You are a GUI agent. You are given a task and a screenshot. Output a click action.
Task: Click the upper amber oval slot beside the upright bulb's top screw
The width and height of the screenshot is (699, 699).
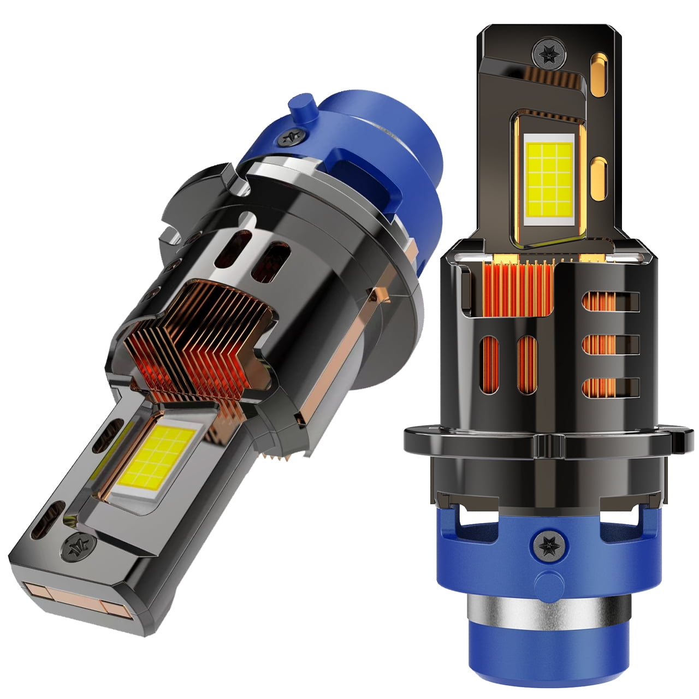(600, 68)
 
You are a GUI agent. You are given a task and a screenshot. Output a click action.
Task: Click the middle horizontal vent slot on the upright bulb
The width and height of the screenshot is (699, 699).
(611, 343)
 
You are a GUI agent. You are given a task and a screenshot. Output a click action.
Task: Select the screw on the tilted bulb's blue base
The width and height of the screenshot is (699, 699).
(289, 137)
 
